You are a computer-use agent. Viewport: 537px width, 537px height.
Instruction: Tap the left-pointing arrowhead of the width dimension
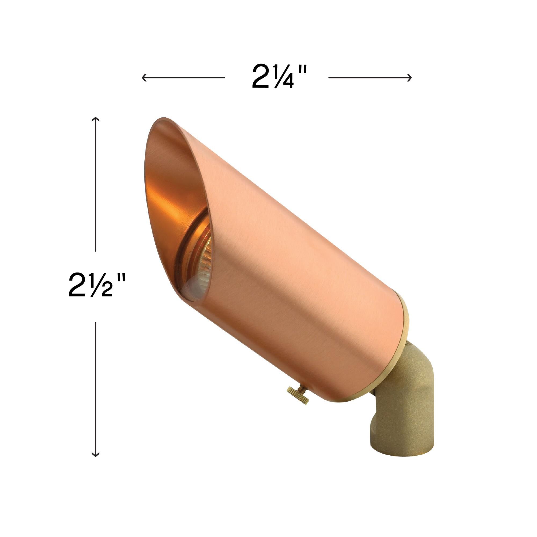pos(143,78)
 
